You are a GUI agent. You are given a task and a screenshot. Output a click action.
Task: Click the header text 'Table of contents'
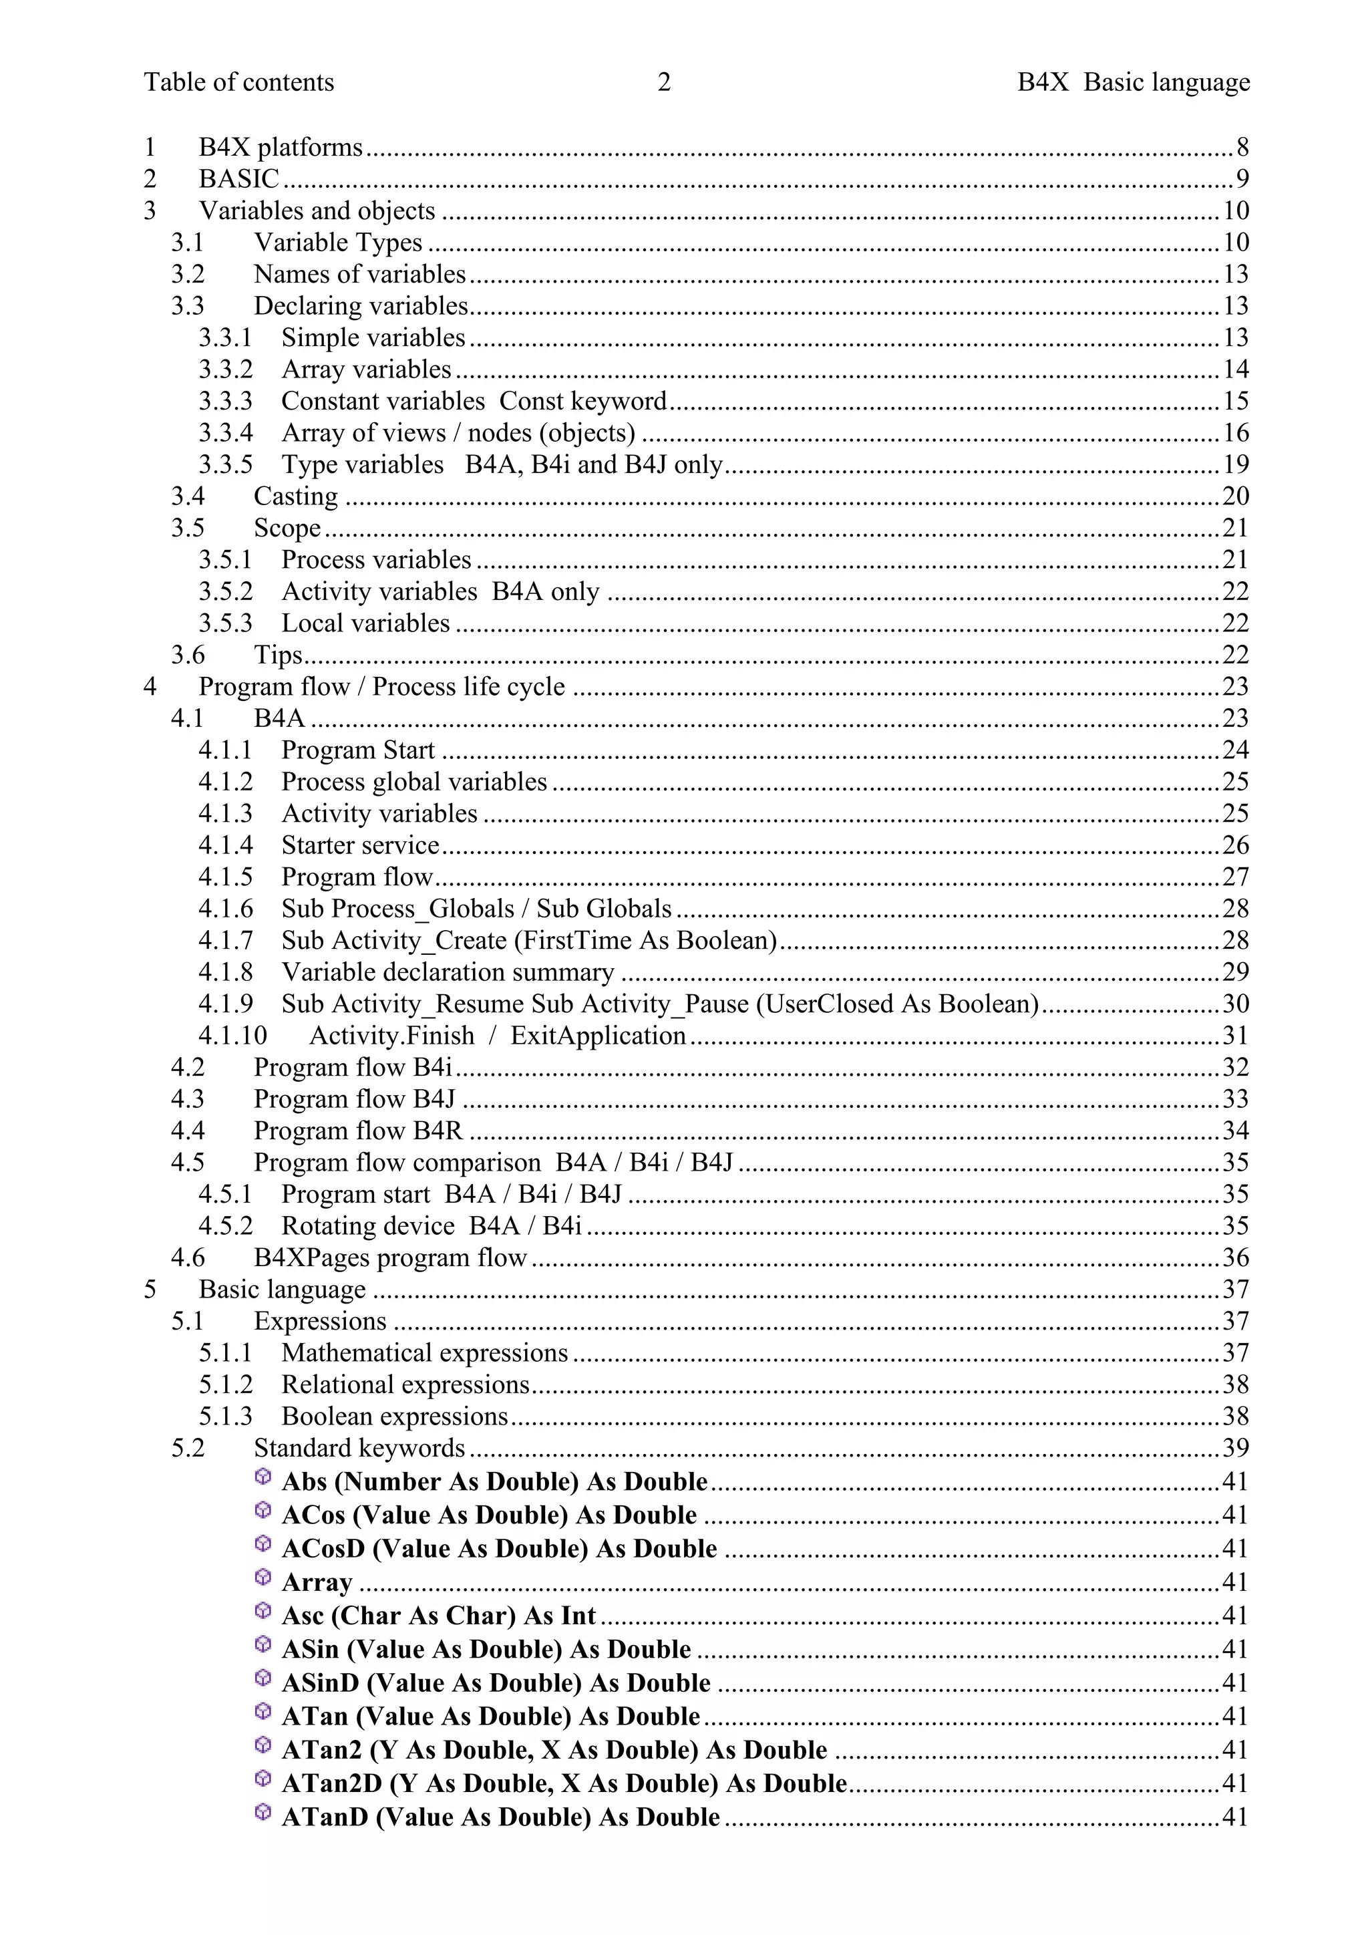tap(238, 83)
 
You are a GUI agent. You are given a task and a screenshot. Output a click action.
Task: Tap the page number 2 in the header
tap(664, 83)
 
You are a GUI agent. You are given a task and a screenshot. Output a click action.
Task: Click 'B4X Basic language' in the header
tap(1133, 83)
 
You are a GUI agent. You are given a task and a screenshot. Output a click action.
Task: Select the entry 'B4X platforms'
tap(280, 148)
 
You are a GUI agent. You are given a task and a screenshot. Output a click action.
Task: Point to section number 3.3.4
tap(225, 433)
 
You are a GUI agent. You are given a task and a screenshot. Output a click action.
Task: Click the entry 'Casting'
tap(296, 496)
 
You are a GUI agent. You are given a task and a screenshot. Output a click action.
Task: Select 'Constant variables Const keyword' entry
tap(474, 401)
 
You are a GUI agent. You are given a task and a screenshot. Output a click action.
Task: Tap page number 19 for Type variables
tap(1236, 464)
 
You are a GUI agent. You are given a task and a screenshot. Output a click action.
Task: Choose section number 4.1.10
tap(232, 1036)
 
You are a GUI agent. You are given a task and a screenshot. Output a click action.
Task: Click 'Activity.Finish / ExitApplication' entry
tap(497, 1036)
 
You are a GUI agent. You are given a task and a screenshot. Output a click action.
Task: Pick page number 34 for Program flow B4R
tap(1236, 1131)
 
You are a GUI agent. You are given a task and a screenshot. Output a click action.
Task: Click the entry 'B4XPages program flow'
tap(390, 1258)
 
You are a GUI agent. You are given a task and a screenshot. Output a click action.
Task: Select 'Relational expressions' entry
tap(405, 1384)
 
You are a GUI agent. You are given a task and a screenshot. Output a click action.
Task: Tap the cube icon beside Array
tap(263, 1577)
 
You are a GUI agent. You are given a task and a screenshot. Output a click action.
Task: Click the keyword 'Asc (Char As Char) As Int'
tap(438, 1616)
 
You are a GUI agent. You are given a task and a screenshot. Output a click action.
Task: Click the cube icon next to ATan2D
tap(263, 1778)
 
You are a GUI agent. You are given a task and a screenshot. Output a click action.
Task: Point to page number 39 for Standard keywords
tap(1236, 1448)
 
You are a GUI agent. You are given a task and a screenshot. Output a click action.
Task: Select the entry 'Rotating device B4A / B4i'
tap(432, 1226)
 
